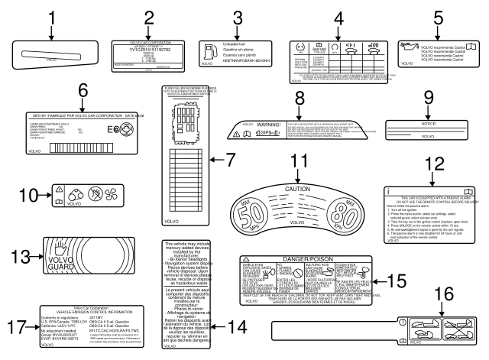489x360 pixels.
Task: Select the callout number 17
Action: click(19, 326)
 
